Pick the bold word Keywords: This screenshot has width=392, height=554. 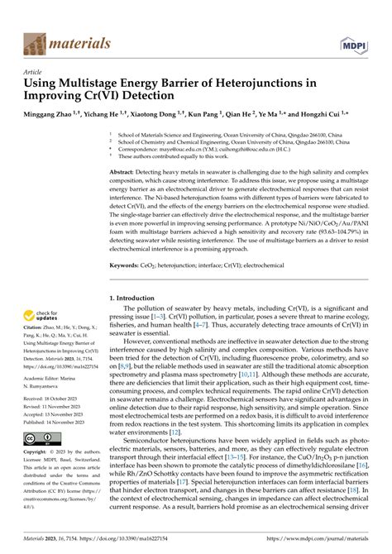pos(129,265)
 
